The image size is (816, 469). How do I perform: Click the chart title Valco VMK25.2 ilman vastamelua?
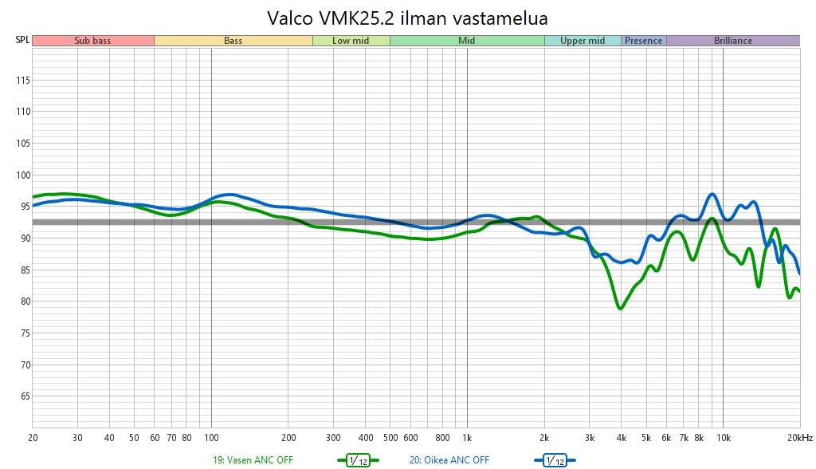pos(407,17)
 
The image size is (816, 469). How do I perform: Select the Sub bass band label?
pos(92,41)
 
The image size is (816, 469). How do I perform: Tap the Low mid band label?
pos(351,41)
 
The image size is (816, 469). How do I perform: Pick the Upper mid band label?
pos(583,41)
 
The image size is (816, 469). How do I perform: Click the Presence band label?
pos(643,41)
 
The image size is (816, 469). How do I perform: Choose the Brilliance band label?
pos(732,41)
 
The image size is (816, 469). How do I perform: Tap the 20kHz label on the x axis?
pos(799,438)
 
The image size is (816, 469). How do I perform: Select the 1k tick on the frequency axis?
pos(467,438)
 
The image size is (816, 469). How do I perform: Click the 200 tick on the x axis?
pos(288,438)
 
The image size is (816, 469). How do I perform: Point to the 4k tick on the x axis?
pos(621,438)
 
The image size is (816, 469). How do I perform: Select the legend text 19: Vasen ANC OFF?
pos(253,460)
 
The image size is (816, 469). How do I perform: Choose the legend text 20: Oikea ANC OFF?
pos(449,460)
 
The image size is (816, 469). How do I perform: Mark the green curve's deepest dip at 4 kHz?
pos(621,308)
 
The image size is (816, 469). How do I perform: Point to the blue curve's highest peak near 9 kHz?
pos(712,194)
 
